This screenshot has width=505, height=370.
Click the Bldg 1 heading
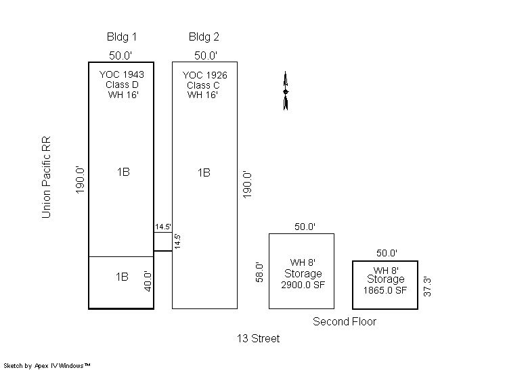(122, 37)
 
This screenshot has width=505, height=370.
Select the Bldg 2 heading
(204, 37)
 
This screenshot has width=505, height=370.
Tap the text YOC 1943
(122, 74)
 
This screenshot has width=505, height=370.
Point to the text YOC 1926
(205, 75)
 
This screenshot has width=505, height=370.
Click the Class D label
(122, 85)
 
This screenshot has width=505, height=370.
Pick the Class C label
(203, 85)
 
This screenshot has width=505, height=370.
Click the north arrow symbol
(286, 91)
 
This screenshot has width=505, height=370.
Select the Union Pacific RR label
(47, 177)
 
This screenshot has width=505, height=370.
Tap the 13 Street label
(259, 338)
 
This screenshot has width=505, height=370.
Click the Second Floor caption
(345, 321)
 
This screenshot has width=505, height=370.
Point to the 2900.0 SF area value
(303, 285)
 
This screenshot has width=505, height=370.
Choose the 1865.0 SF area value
(385, 290)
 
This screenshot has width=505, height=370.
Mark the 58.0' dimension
(259, 272)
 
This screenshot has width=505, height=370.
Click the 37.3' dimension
(427, 286)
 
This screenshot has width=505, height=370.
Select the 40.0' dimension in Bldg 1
(148, 281)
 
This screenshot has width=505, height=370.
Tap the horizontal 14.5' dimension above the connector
(163, 227)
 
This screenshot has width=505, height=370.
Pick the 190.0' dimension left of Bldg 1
(80, 180)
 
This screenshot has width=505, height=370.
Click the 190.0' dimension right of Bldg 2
(247, 185)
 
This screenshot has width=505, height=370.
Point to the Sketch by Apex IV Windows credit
(47, 366)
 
